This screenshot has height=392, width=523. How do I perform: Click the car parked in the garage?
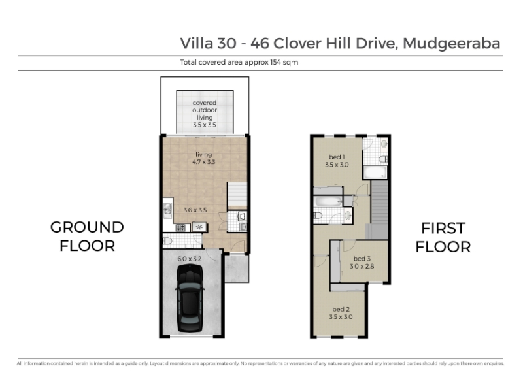(x=190, y=298)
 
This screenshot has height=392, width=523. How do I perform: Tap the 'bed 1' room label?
(x=337, y=157)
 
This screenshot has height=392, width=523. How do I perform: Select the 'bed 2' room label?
(x=341, y=309)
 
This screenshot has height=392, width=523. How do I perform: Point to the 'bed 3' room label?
(x=362, y=259)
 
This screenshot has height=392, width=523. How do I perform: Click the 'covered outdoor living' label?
(x=205, y=110)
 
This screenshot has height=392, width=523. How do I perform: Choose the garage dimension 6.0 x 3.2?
(x=190, y=259)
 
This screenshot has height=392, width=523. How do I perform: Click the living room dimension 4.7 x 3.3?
(x=204, y=162)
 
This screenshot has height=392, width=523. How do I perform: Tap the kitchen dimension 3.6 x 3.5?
(x=195, y=210)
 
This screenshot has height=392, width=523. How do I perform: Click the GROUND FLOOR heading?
(x=87, y=237)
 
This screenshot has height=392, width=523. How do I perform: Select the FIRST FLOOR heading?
(x=443, y=238)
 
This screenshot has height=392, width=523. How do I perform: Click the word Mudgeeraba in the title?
(x=452, y=43)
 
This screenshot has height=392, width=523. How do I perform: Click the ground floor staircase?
(x=237, y=195)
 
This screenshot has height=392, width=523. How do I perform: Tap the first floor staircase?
(x=379, y=209)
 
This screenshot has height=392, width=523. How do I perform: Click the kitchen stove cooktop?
(x=180, y=228)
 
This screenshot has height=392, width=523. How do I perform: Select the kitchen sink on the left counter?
(x=167, y=210)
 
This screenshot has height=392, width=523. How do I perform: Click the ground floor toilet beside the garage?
(x=167, y=240)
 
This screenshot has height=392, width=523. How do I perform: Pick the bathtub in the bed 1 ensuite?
(x=375, y=172)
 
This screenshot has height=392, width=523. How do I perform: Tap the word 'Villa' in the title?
(x=197, y=43)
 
